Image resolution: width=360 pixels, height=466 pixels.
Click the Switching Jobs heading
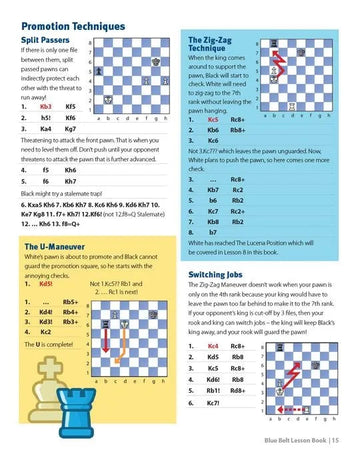tap(225, 273)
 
